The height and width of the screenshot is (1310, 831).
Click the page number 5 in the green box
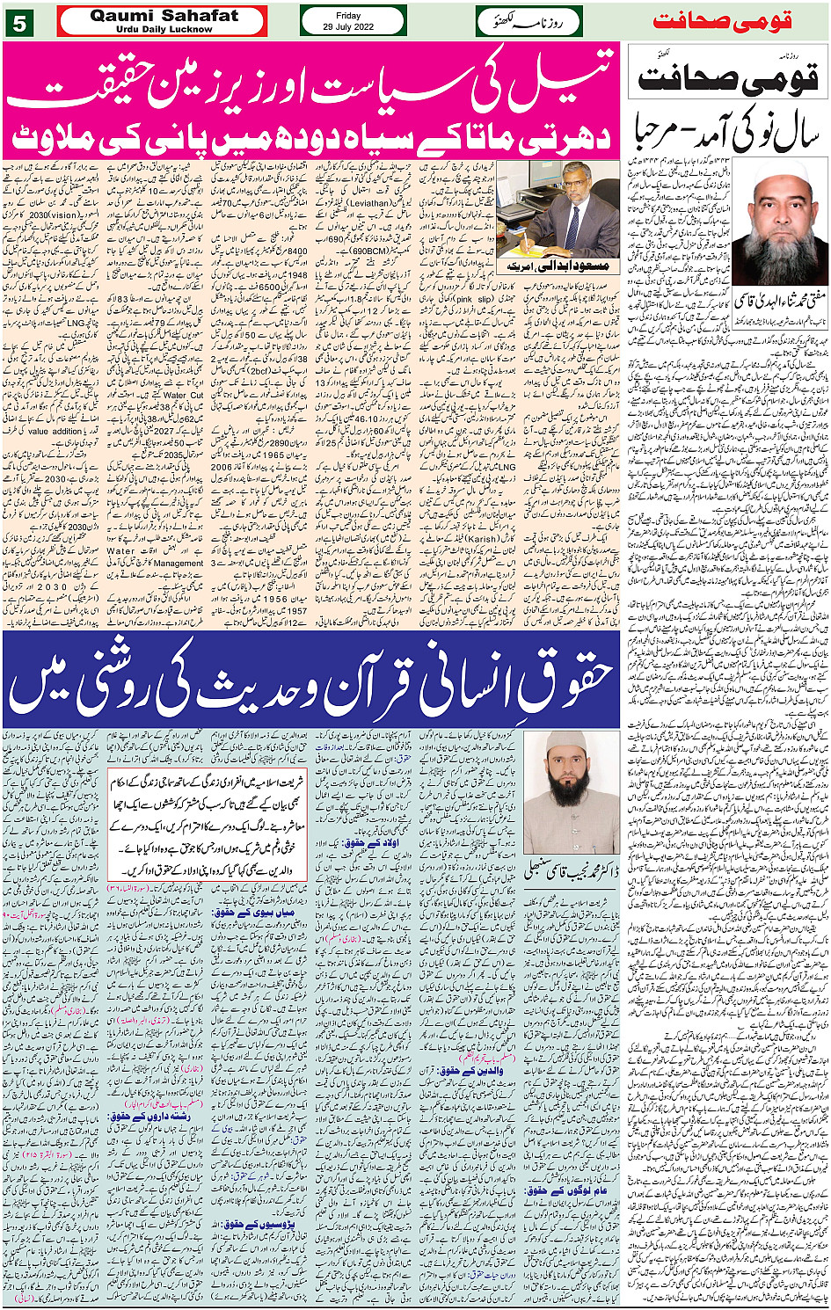[18, 23]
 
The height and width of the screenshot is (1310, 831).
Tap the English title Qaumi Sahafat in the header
[164, 16]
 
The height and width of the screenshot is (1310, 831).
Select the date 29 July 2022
[353, 27]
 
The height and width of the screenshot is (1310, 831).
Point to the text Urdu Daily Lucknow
[164, 29]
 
